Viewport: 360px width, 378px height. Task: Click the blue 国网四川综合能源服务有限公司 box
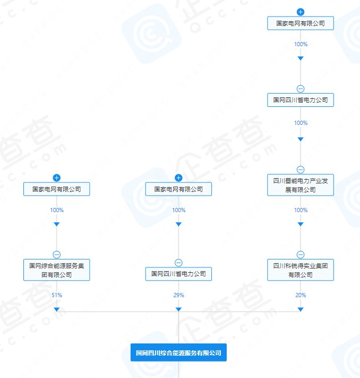[x=178, y=352]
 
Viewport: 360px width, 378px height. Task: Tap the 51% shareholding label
[x=57, y=295]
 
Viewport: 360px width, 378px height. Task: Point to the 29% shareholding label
[x=178, y=295]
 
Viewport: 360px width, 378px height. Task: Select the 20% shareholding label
[x=301, y=295]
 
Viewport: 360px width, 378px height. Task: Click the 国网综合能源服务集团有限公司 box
[x=57, y=270]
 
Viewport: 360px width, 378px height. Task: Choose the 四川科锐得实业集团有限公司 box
[x=301, y=270]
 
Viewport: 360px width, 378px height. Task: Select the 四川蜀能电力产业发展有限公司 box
[x=301, y=185]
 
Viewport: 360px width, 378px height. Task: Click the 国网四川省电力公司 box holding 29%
[x=178, y=274]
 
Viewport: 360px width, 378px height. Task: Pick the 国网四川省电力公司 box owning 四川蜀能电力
[x=301, y=99]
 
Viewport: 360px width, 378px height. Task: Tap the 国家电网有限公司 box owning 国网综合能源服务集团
[x=57, y=189]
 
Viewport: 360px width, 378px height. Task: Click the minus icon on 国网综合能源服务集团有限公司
[x=57, y=254]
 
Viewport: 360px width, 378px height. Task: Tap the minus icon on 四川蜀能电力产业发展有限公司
[x=301, y=170]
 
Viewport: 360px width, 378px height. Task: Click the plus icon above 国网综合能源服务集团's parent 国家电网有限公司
[x=57, y=178]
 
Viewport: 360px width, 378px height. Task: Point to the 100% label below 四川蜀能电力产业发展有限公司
[x=301, y=210]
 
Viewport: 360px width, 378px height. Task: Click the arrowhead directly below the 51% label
[x=57, y=309]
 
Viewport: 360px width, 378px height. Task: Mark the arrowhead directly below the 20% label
[x=301, y=309]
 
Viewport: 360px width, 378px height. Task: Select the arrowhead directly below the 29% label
[x=178, y=309]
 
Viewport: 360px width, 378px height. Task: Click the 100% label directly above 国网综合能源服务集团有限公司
[x=57, y=210]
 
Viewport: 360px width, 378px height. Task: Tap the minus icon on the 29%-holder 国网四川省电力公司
[x=178, y=263]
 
